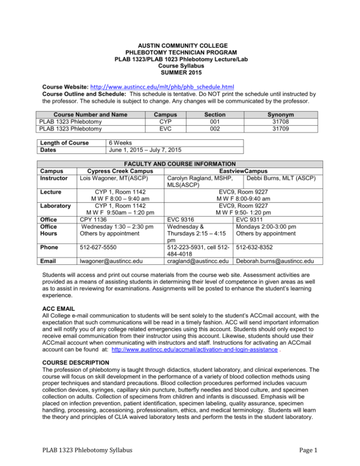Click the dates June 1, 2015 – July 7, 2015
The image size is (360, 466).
pos(145,150)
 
